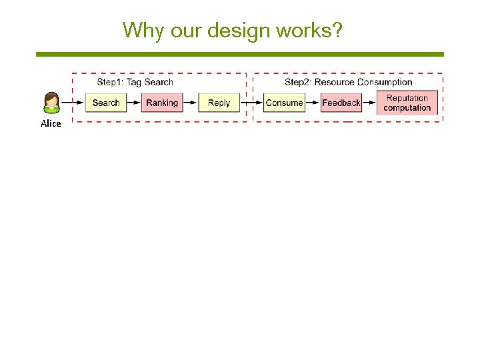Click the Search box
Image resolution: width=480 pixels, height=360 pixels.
105,103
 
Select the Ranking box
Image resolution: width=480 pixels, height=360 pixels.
162,103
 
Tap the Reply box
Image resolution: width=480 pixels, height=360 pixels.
219,103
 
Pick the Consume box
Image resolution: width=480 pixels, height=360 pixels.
284,103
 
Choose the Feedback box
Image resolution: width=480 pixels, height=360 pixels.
341,103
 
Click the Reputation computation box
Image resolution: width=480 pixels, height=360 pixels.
407,103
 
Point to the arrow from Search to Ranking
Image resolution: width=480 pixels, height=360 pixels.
133,103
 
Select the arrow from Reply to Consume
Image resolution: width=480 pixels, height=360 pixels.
251,103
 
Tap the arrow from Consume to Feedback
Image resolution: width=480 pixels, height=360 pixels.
313,103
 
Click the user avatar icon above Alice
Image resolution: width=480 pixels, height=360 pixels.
51,103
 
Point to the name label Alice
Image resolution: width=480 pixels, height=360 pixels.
51,123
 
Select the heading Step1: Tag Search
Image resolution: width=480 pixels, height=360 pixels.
135,82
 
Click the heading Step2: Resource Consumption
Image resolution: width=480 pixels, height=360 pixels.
348,82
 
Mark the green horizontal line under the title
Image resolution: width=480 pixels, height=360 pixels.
239,54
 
